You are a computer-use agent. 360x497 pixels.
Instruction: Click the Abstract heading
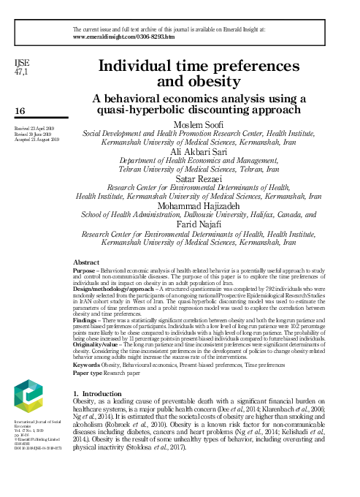87,262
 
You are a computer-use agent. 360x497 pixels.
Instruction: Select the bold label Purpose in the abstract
87,270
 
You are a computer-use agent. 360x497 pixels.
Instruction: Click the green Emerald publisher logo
28,395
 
